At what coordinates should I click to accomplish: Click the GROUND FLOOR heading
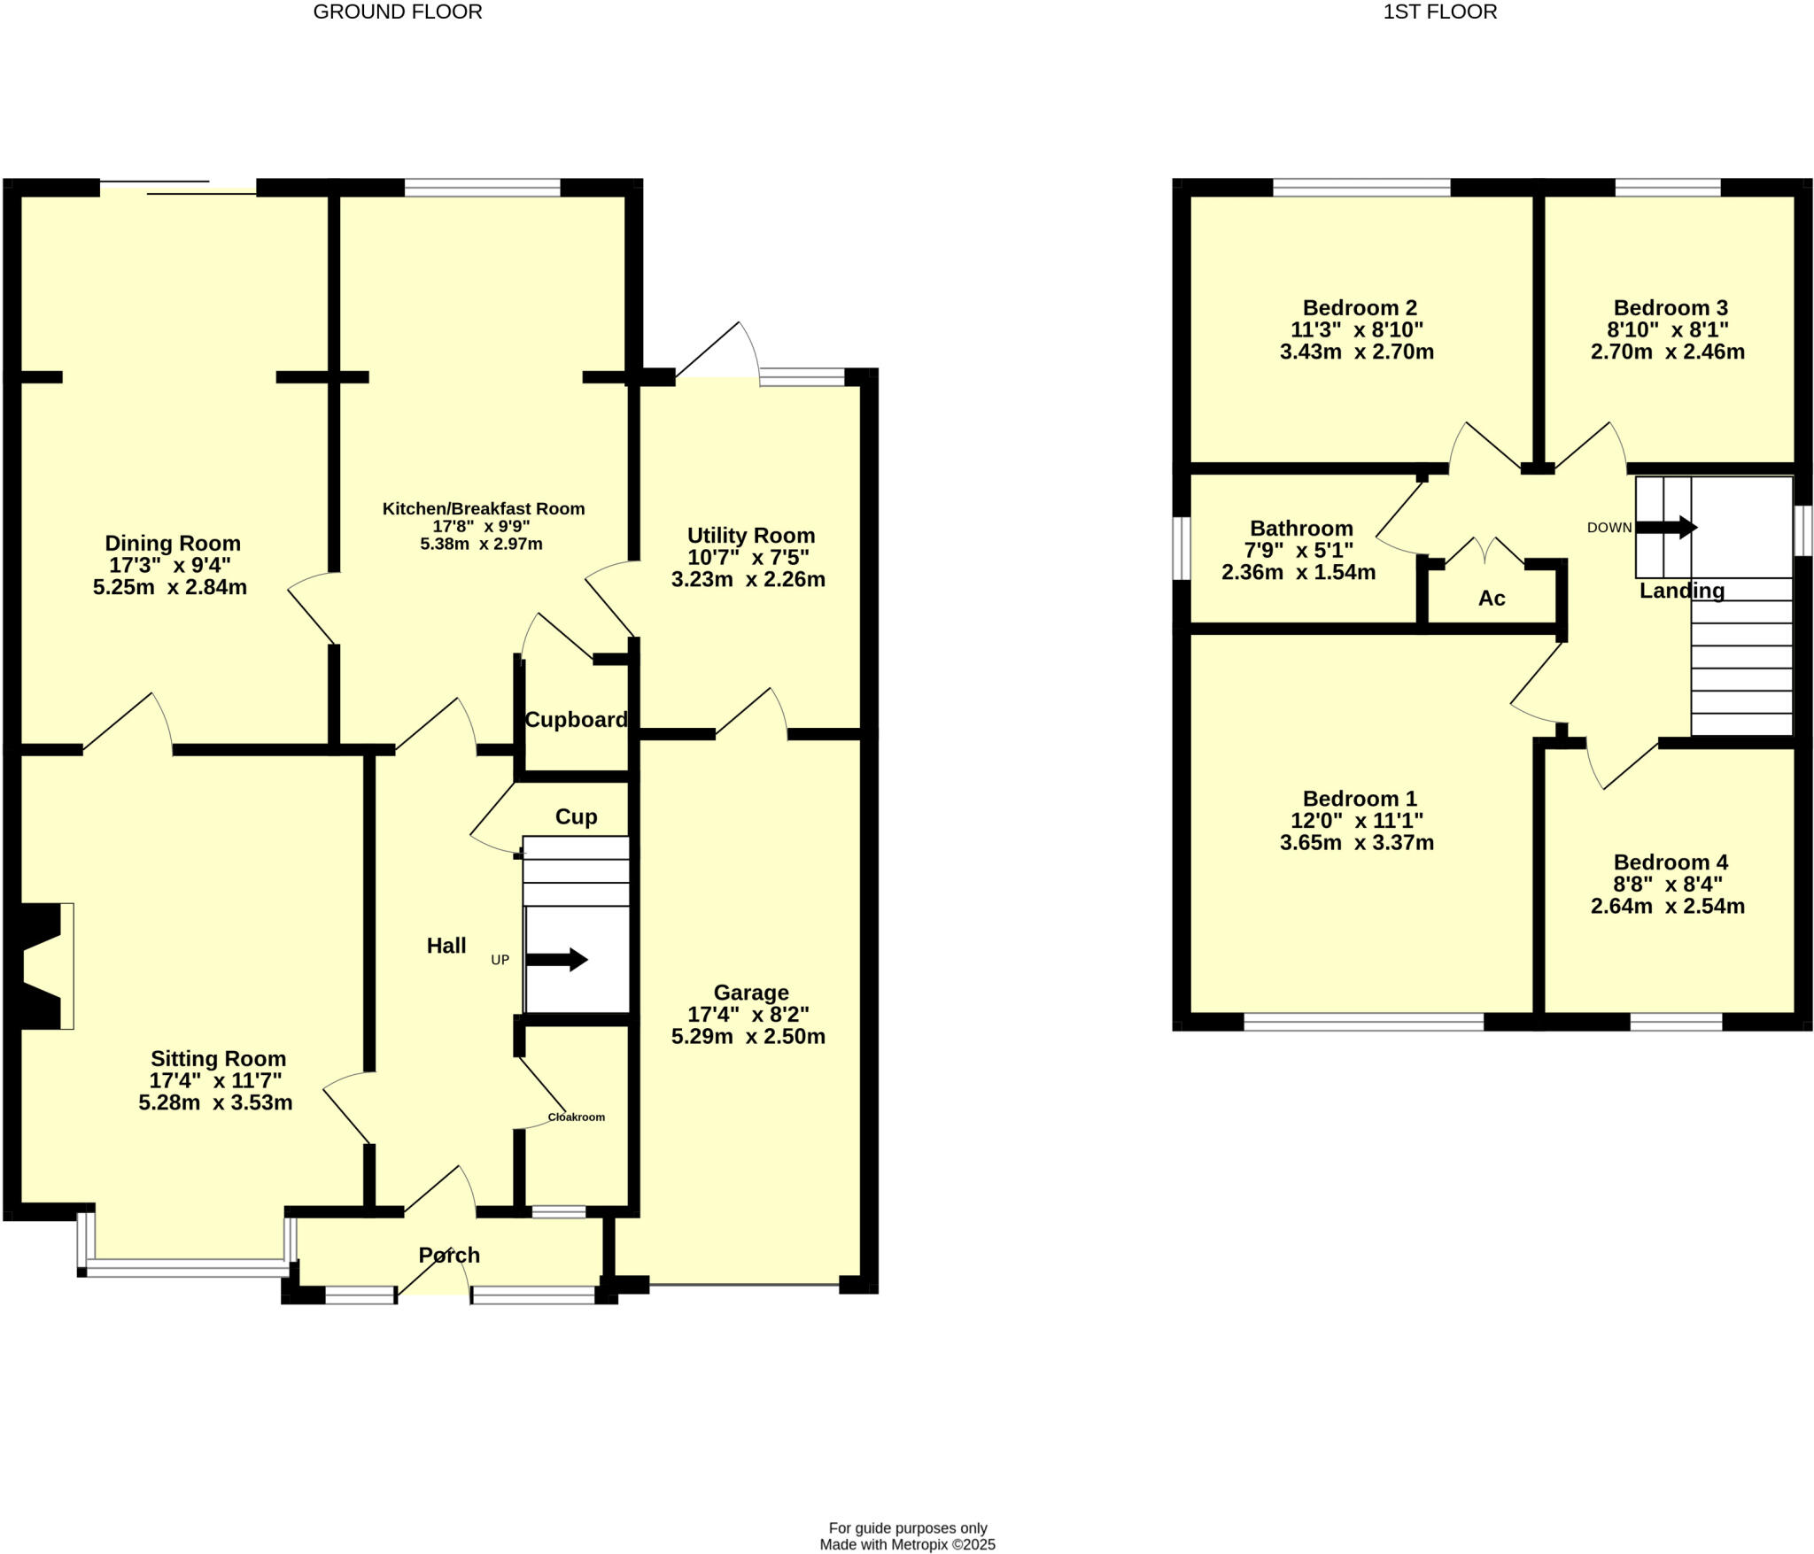point(398,12)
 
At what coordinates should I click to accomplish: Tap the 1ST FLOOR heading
point(1439,12)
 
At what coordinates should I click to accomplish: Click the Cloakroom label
point(576,1117)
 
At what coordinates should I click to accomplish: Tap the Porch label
point(449,1255)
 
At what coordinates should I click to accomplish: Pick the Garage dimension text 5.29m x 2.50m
point(748,1036)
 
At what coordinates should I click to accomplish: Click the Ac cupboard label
point(1492,599)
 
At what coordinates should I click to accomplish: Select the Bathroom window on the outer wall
point(1181,548)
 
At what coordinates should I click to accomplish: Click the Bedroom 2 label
point(1360,308)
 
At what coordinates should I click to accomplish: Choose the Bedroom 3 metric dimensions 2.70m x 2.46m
point(1668,352)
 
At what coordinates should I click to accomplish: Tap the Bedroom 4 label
point(1671,862)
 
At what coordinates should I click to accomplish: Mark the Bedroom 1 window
point(1363,1022)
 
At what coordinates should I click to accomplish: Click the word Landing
point(1681,591)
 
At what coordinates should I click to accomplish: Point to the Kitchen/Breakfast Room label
point(484,508)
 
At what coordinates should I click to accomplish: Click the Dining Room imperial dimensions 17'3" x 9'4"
point(170,565)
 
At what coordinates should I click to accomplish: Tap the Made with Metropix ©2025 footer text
point(907,1544)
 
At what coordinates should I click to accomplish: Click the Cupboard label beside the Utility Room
point(576,720)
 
